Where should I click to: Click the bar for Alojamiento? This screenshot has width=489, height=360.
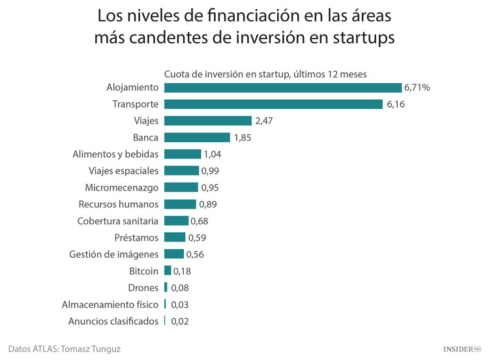tap(282, 87)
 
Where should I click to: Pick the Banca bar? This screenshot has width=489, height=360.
tap(197, 138)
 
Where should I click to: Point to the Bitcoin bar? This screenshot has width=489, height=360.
tap(168, 271)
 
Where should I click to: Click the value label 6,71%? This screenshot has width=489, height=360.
tap(417, 87)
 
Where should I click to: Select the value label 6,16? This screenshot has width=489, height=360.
tap(396, 104)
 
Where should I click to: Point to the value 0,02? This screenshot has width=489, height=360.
tap(181, 321)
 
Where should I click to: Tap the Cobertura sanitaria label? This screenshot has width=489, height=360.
tap(117, 221)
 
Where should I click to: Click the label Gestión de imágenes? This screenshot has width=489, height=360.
tap(113, 254)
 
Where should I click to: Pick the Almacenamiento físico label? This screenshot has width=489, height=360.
tap(110, 304)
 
